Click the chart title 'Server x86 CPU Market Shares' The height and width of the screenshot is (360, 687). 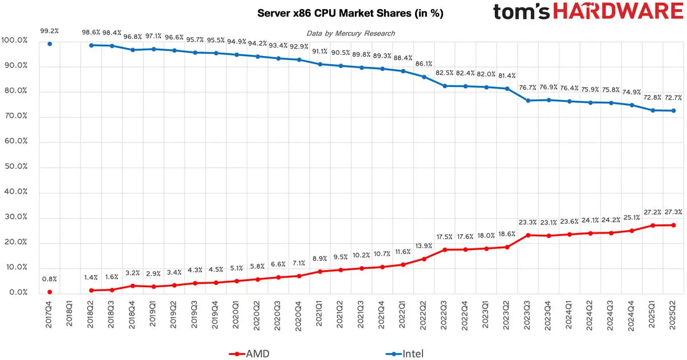click(x=350, y=13)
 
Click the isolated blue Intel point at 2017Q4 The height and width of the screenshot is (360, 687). click(x=50, y=43)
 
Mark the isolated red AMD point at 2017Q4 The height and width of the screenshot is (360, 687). click(x=50, y=292)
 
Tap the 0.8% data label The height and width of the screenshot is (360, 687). click(x=50, y=279)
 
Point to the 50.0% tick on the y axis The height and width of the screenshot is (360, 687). click(x=15, y=167)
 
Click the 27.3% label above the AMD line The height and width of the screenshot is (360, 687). click(x=673, y=212)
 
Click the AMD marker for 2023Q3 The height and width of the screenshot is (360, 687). click(x=528, y=235)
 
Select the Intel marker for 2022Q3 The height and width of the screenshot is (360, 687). click(x=445, y=86)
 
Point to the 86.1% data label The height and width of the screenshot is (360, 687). click(x=424, y=64)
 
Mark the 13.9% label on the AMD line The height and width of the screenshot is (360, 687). click(x=424, y=246)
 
